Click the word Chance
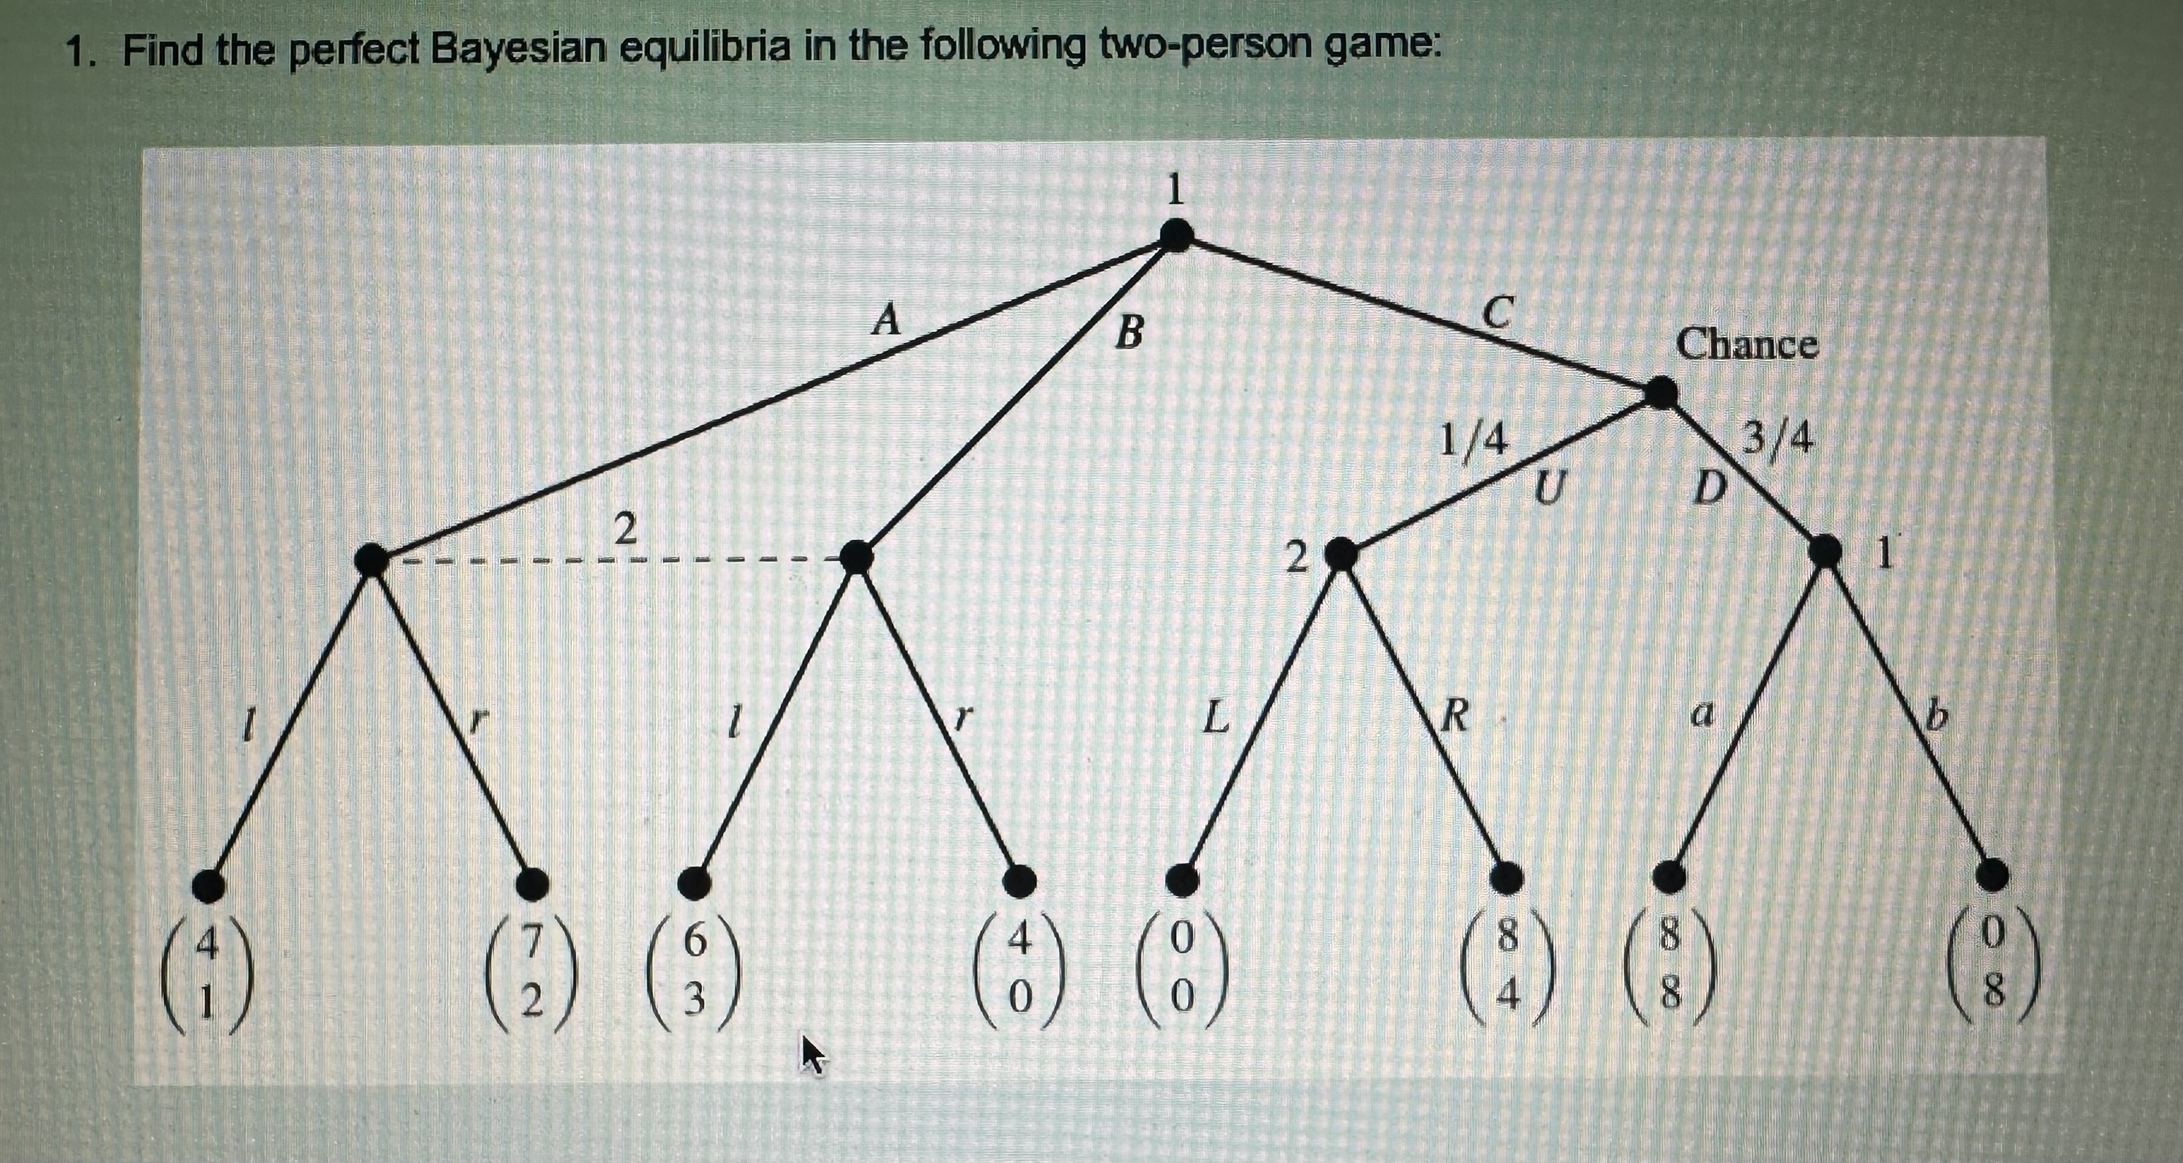pos(1747,345)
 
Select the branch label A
pos(886,320)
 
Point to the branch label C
pos(1497,313)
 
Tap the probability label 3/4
pos(1778,439)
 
